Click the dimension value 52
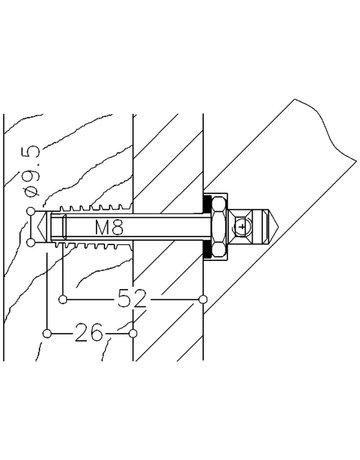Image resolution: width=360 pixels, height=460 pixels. [132, 298]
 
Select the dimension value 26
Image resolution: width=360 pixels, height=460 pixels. [89, 332]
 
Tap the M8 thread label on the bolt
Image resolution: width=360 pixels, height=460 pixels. [109, 228]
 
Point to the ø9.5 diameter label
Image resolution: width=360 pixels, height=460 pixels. [33, 171]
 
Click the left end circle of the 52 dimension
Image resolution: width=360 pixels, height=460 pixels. [62, 299]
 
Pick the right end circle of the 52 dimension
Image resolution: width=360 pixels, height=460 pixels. [203, 299]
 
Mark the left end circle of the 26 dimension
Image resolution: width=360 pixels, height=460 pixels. [48, 333]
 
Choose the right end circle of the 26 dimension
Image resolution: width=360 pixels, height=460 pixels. [133, 333]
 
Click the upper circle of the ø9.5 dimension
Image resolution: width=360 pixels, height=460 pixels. [31, 211]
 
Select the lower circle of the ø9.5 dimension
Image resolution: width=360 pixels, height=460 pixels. [31, 243]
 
